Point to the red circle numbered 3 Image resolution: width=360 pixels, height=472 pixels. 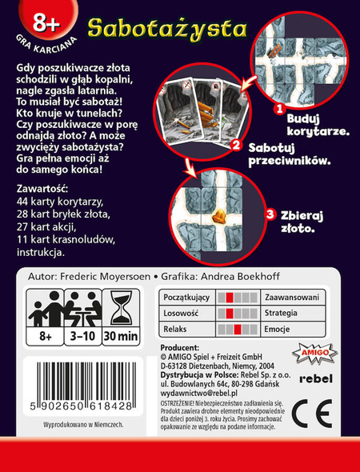point(270,214)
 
